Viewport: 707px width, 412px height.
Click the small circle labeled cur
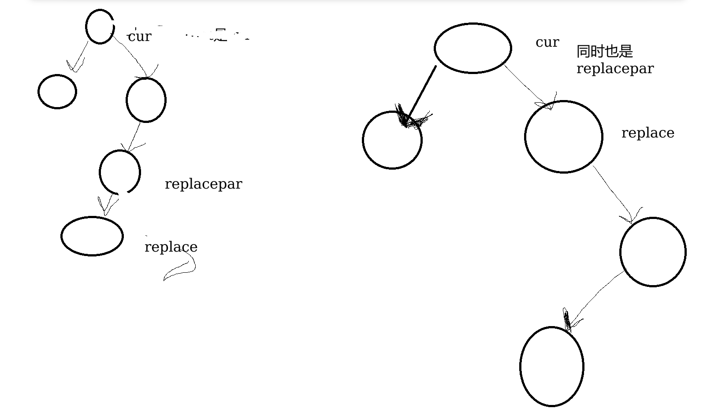(100, 27)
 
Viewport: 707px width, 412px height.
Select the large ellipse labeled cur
(473, 48)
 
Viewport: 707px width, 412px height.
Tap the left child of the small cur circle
(57, 92)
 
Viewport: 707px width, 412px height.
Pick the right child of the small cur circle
(146, 100)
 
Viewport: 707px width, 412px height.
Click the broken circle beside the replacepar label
(120, 172)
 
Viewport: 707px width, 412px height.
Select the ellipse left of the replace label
(92, 236)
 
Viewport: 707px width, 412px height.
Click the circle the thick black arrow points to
(392, 140)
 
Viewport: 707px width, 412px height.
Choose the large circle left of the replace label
(563, 137)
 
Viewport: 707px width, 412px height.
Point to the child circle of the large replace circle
(653, 252)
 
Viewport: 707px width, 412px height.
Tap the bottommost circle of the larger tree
(551, 366)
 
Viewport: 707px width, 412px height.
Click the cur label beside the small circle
(139, 37)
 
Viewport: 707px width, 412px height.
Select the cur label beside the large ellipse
(547, 42)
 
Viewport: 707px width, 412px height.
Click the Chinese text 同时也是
(604, 52)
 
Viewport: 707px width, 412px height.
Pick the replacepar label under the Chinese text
(615, 69)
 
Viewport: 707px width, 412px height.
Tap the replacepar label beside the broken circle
(203, 184)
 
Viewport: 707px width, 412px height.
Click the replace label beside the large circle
(647, 133)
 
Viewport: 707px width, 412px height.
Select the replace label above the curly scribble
(171, 247)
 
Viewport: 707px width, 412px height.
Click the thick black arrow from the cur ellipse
(421, 94)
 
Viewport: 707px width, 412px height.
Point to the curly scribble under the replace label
(181, 269)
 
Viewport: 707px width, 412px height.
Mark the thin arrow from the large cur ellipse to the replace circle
(527, 86)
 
